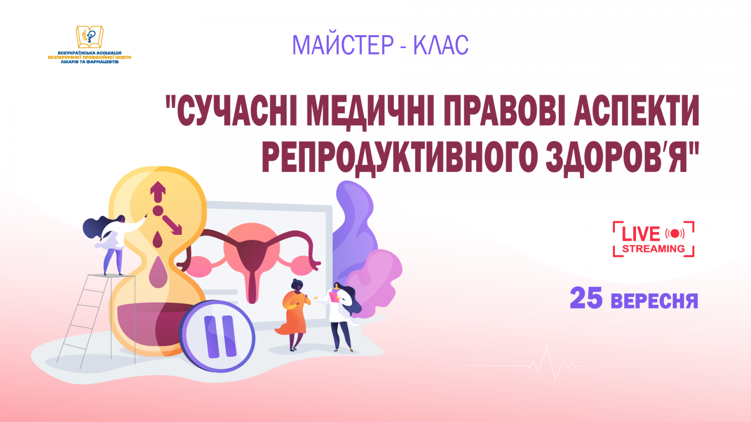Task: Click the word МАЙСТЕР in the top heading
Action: [343, 45]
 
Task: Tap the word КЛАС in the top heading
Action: [441, 45]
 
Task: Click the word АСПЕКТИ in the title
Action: [636, 111]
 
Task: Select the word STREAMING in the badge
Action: [653, 249]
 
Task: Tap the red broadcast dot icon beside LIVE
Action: [675, 234]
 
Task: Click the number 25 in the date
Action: [586, 299]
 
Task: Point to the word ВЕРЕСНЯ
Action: [654, 301]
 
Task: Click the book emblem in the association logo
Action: [90, 37]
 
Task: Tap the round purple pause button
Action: [217, 336]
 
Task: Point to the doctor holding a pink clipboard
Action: [341, 314]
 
